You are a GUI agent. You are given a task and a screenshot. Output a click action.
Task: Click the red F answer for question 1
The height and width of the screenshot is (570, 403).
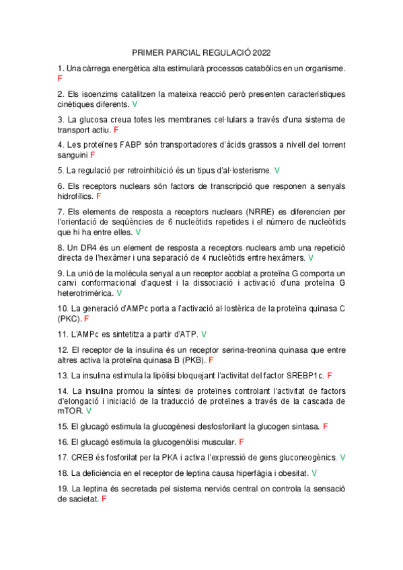point(60,79)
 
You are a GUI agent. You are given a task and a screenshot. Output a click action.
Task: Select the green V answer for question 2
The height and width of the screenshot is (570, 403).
point(135,104)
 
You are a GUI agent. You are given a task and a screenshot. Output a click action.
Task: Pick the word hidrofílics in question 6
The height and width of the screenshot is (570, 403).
point(75,196)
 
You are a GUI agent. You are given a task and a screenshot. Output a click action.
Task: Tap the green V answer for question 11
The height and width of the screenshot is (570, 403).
point(204,334)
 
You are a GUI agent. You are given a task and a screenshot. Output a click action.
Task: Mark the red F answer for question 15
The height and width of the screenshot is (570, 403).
point(326,426)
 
